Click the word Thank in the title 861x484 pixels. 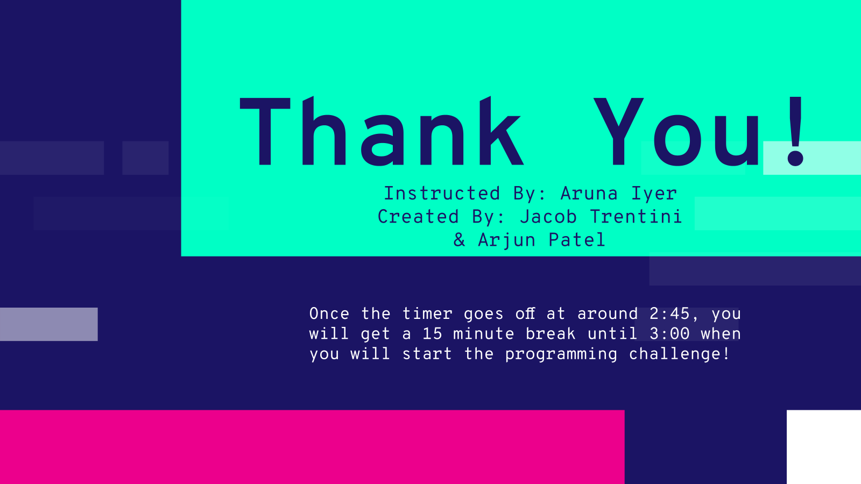pos(382,131)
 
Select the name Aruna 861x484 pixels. pos(589,194)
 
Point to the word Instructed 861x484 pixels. pos(442,194)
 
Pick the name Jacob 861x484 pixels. pos(548,217)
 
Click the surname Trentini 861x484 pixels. pos(636,217)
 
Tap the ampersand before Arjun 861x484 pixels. pos(460,240)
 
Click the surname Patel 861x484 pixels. pos(577,240)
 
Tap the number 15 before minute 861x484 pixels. pos(433,334)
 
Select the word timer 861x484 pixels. pos(427,314)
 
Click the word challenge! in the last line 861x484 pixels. pos(679,354)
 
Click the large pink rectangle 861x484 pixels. pos(312,447)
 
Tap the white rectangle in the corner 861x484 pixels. pos(824,447)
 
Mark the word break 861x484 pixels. pos(551,334)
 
